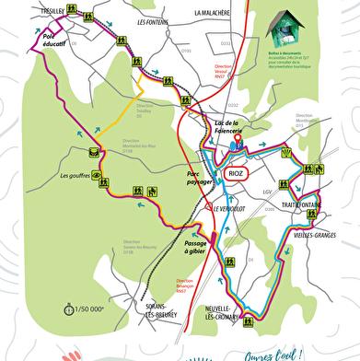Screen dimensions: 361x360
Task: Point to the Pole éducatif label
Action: pyautogui.click(x=56, y=41)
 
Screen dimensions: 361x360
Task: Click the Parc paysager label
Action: pyautogui.click(x=200, y=179)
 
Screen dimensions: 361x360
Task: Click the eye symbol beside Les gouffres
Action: pyautogui.click(x=96, y=176)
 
